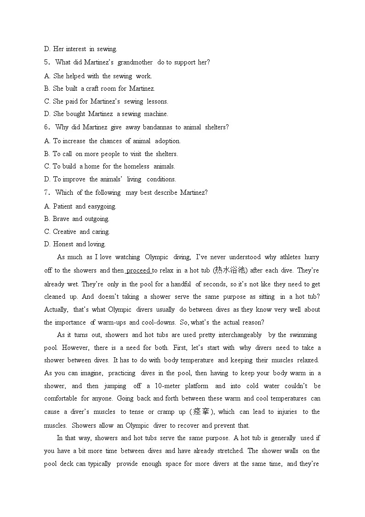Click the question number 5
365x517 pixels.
click(46, 62)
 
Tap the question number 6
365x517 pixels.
click(46, 127)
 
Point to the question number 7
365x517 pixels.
click(46, 192)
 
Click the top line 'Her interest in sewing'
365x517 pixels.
click(80, 49)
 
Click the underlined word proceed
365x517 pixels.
click(138, 270)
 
